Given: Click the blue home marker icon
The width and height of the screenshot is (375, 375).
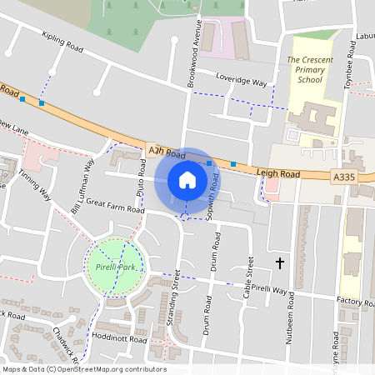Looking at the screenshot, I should tap(187, 179).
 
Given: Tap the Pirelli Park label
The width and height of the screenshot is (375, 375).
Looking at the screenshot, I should tap(117, 266).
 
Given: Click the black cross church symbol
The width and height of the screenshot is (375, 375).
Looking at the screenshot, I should tap(279, 263).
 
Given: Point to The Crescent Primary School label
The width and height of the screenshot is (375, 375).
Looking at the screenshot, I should tap(304, 71).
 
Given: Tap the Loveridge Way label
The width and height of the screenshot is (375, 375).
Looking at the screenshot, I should tap(242, 83).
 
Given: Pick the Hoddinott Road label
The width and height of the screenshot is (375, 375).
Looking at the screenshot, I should tap(121, 340).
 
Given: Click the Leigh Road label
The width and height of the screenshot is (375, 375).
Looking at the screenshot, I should tap(278, 172).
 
